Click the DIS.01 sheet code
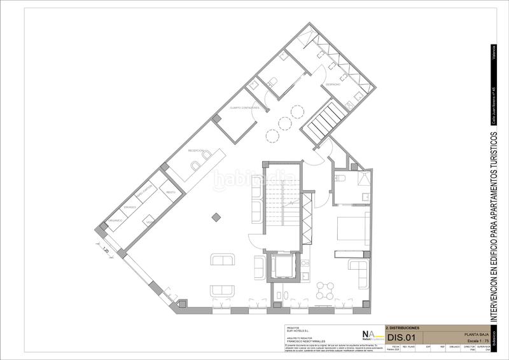[396, 337]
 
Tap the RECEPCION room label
[196, 150]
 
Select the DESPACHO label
[333, 84]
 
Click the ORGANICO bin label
[114, 220]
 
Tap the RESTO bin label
[170, 191]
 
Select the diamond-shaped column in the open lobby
[218, 216]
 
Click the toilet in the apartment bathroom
[341, 179]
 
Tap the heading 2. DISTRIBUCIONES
[403, 327]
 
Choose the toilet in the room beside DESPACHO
[272, 81]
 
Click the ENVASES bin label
[132, 207]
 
